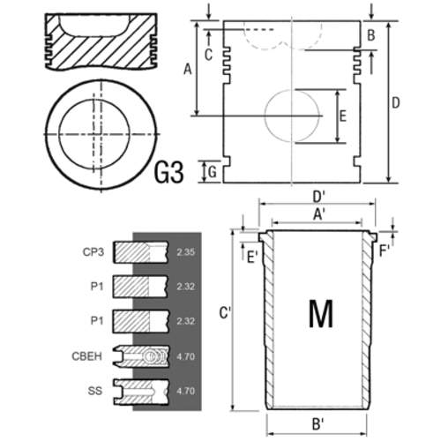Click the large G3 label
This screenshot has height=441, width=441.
click(169, 172)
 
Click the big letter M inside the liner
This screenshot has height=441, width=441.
click(321, 313)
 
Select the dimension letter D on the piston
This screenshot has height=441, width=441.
click(396, 103)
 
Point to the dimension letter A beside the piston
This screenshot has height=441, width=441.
click(188, 70)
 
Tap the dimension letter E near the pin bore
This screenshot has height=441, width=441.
click(343, 116)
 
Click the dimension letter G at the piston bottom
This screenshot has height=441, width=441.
click(213, 172)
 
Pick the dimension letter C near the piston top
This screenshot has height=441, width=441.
click(208, 55)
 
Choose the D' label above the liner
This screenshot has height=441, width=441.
click(318, 197)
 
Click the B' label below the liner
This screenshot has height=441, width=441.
click(318, 424)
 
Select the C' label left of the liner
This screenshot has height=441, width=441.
click(225, 313)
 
